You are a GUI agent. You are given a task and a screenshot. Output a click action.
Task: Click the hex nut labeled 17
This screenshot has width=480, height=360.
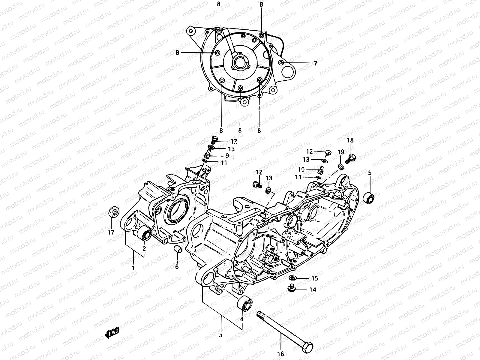coord(113,212)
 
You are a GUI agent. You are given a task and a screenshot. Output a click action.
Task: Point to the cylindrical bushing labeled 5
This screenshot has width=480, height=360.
coord(369,198)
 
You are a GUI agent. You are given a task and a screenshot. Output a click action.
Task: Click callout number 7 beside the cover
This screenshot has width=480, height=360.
coord(315,63)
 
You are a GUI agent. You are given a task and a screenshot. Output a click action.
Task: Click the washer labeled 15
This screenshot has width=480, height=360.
coord(294,277)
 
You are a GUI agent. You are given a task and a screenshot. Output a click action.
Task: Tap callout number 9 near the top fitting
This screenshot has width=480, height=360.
coord(227,156)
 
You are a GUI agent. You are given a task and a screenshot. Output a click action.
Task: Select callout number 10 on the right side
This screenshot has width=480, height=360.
coord(301,169)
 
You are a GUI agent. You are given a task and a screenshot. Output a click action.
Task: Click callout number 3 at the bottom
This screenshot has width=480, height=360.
coord(220,335)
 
